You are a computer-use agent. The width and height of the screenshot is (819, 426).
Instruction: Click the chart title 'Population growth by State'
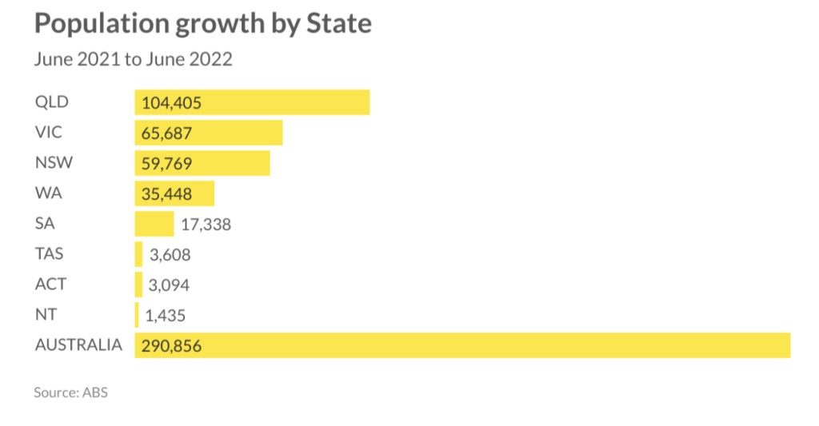click(x=202, y=24)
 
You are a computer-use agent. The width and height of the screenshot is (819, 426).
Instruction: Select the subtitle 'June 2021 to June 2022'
click(x=133, y=59)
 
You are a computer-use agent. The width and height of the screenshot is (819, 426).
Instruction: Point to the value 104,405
click(x=171, y=102)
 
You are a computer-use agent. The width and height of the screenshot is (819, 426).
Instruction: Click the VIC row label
click(x=49, y=133)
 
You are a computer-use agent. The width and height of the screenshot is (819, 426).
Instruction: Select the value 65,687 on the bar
click(x=166, y=133)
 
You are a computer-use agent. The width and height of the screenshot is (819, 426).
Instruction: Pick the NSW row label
click(x=54, y=163)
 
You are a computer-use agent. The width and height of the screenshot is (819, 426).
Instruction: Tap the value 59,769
click(x=166, y=163)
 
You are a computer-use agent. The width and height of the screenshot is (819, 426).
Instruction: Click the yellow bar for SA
click(x=154, y=224)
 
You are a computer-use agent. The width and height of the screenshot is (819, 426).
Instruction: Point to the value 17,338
click(x=206, y=225)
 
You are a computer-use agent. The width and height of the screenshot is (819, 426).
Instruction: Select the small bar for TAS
click(x=138, y=254)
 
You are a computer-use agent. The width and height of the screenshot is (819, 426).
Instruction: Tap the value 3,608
click(x=170, y=255)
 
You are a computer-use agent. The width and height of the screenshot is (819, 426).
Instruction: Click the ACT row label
click(x=50, y=285)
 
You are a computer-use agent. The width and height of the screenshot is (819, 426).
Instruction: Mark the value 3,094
click(x=169, y=285)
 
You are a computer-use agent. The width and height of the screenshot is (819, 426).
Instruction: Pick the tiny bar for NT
click(x=137, y=315)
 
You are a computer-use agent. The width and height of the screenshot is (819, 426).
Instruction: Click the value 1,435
click(x=166, y=316)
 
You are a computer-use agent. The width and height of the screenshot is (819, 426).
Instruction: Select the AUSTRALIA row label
click(x=78, y=345)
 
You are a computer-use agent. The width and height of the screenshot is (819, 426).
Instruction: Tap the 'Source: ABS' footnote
click(x=70, y=392)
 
